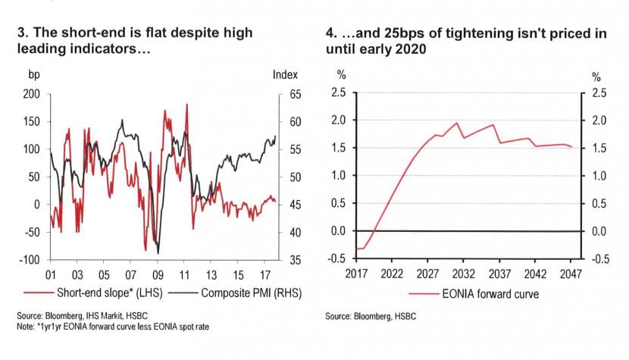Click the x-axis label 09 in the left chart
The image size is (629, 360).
click(x=158, y=274)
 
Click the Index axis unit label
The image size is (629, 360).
click(x=284, y=74)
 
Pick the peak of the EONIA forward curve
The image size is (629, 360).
click(x=457, y=123)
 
